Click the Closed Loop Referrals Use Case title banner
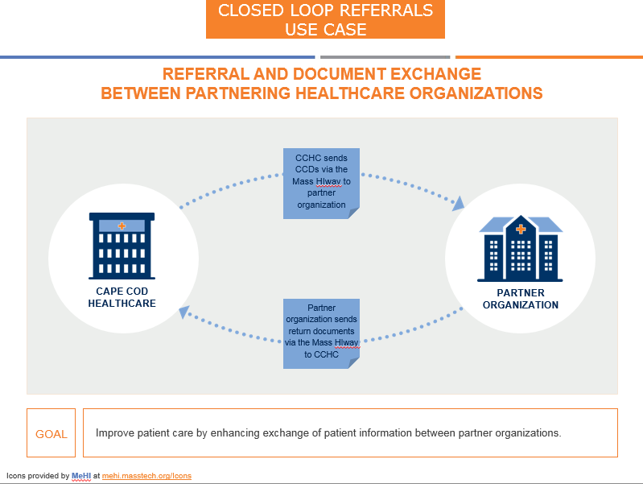325,20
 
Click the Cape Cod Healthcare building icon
122,245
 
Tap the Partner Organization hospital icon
520,248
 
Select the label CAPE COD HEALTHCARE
122,297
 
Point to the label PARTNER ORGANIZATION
521,299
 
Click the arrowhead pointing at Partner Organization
458,203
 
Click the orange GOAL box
52,433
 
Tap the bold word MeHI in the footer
81,476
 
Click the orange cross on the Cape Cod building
122,225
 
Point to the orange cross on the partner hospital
521,230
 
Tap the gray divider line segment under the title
385,57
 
